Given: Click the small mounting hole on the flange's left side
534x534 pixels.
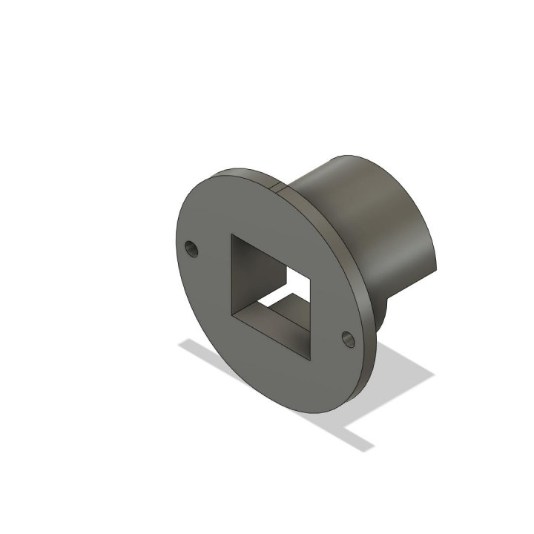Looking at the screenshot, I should point(192,247).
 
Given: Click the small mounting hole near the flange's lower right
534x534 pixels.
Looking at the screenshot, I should point(348,338).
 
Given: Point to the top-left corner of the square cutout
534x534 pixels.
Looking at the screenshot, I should point(232,236).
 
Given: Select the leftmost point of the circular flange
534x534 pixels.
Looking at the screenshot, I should point(177,245).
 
